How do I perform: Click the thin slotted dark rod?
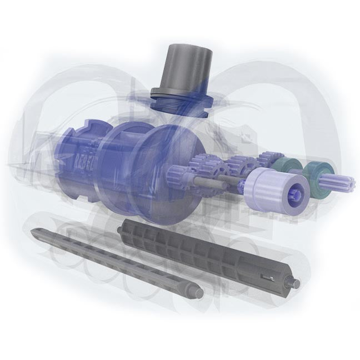click(111, 258)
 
